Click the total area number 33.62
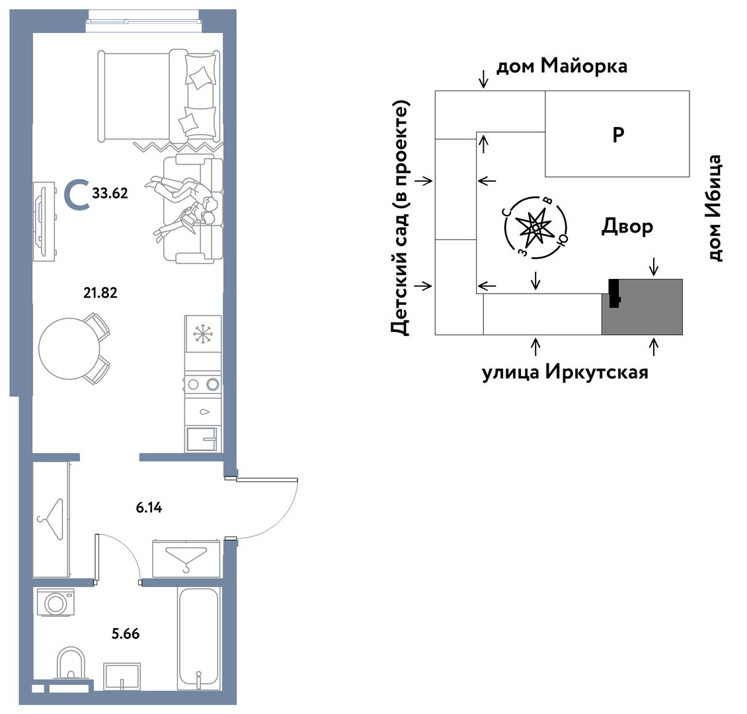tap(110, 194)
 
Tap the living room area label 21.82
tap(100, 292)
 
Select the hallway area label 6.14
tap(149, 508)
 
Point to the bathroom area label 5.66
tap(126, 634)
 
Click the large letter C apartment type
tap(77, 194)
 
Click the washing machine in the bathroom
tap(56, 602)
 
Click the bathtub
tap(199, 638)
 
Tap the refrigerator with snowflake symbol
tap(203, 334)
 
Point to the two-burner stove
tap(203, 383)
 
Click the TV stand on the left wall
tap(44, 221)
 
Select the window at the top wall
tap(143, 21)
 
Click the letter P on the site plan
tap(618, 135)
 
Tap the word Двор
tap(627, 226)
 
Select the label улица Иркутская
tap(565, 372)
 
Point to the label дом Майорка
tap(562, 65)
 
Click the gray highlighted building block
tap(642, 307)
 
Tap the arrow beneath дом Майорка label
tap(483, 79)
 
